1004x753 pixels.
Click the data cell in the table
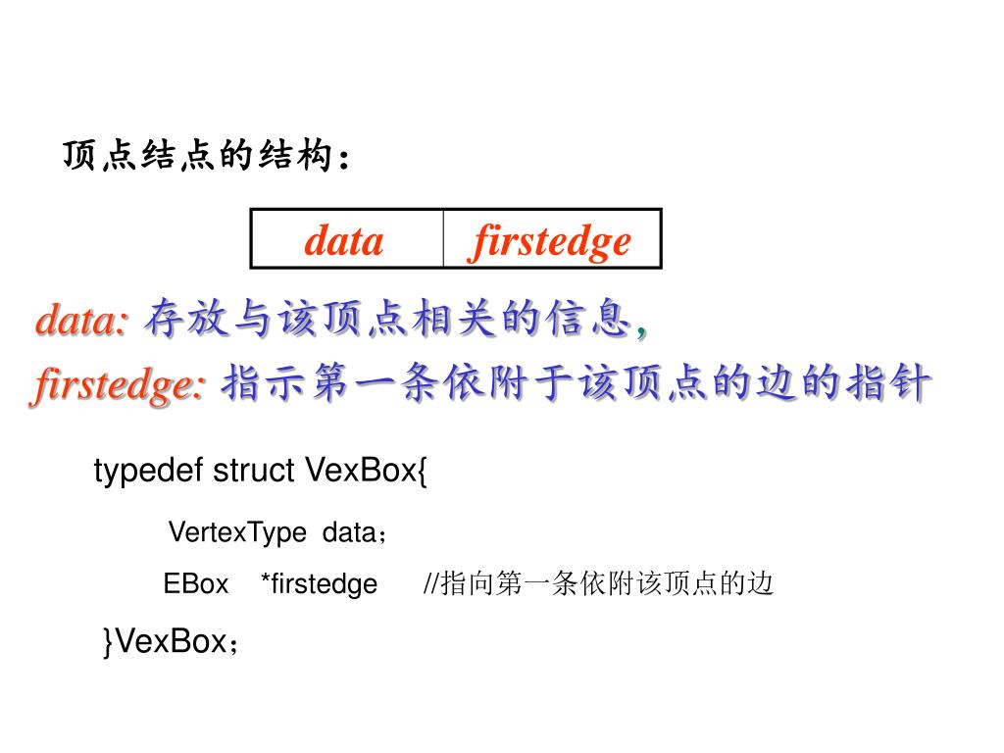coord(344,240)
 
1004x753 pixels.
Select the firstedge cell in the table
coord(551,240)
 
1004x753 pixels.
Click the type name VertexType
coord(237,532)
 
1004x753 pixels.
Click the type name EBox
coord(195,584)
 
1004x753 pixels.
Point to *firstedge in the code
coord(319,584)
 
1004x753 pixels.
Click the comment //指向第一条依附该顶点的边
coord(598,584)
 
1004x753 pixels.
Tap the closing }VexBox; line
coord(172,642)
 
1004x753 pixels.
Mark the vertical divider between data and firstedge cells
coord(443,238)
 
